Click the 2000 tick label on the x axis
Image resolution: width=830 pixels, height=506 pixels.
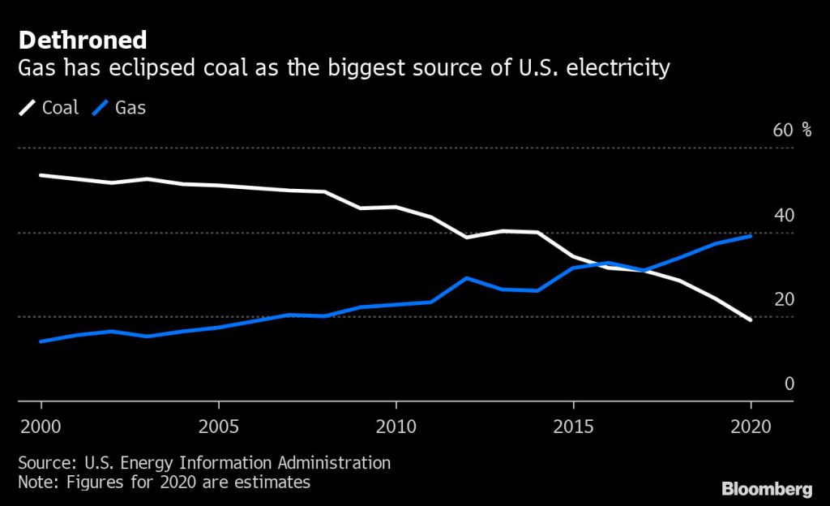tap(41, 427)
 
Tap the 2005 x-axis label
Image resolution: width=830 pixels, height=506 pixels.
tap(218, 427)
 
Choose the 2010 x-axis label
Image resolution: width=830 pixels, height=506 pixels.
tap(396, 427)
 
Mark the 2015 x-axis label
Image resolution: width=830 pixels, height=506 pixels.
tap(573, 427)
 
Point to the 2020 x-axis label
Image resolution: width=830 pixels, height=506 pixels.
tap(751, 427)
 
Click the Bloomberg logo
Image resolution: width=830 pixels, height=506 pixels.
tap(767, 488)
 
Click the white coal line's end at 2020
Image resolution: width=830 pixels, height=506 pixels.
tap(751, 319)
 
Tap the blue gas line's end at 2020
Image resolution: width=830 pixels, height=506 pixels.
tap(751, 236)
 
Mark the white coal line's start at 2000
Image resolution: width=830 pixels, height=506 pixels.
tap(41, 175)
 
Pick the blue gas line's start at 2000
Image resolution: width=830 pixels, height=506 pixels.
tap(41, 341)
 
